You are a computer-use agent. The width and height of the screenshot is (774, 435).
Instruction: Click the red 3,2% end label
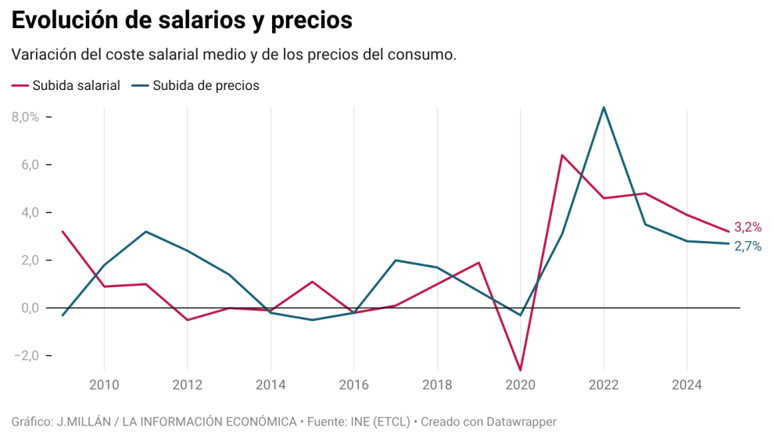[748, 227]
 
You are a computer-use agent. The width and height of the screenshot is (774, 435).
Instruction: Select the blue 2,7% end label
[748, 246]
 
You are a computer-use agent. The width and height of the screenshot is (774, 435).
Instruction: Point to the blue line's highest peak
[604, 105]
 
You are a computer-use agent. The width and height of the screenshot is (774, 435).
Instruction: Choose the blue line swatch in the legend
[138, 84]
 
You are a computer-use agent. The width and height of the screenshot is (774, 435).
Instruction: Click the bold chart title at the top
[181, 21]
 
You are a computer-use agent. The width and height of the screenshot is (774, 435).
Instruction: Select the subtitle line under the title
[231, 55]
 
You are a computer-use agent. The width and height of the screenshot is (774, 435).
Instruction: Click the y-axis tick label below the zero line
[28, 354]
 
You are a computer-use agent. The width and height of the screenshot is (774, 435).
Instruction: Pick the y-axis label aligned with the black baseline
[28, 309]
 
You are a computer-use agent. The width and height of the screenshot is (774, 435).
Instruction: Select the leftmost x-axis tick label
[103, 385]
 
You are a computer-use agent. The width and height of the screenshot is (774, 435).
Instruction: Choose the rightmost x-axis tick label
[686, 385]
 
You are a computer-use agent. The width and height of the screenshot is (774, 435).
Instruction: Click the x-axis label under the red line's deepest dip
[519, 385]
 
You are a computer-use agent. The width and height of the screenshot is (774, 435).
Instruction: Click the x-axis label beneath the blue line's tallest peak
[604, 385]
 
